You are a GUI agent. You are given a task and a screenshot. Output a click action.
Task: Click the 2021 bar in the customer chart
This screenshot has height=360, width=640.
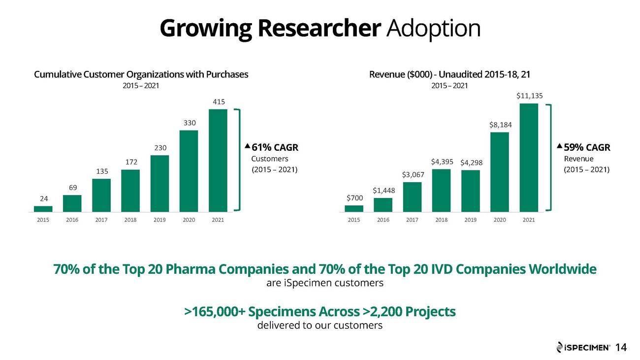[218, 161]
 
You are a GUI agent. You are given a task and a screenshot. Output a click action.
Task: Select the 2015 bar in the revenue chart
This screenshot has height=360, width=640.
[354, 209]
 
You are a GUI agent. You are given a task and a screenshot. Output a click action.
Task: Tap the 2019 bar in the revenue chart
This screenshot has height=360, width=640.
[471, 191]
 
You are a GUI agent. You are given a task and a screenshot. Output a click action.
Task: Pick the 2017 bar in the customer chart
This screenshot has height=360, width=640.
[101, 196]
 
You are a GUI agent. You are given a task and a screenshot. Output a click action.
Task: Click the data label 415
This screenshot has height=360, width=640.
[219, 102]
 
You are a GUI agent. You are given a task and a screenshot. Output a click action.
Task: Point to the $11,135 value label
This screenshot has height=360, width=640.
[529, 96]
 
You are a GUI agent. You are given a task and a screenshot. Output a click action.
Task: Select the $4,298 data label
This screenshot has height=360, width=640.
[472, 163]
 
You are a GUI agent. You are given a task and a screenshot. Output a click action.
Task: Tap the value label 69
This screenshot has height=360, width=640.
[73, 188]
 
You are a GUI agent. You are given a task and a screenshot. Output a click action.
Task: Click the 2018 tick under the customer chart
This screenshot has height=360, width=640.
[130, 220]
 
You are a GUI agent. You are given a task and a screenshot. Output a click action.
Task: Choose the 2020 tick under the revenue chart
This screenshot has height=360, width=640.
[500, 220]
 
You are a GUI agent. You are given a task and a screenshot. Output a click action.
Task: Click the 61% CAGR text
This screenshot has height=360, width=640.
[275, 148]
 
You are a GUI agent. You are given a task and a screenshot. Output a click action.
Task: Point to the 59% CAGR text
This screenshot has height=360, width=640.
[587, 148]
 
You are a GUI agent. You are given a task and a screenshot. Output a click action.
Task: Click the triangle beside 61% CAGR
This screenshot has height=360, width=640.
[248, 146]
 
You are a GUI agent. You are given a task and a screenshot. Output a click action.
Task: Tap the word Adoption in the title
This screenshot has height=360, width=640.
[433, 29]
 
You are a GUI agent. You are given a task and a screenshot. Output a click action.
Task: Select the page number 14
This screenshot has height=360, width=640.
[621, 347]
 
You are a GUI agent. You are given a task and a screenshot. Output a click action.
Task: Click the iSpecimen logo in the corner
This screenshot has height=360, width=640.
[583, 347]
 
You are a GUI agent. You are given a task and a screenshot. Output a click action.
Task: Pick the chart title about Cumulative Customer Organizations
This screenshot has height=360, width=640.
[141, 74]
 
